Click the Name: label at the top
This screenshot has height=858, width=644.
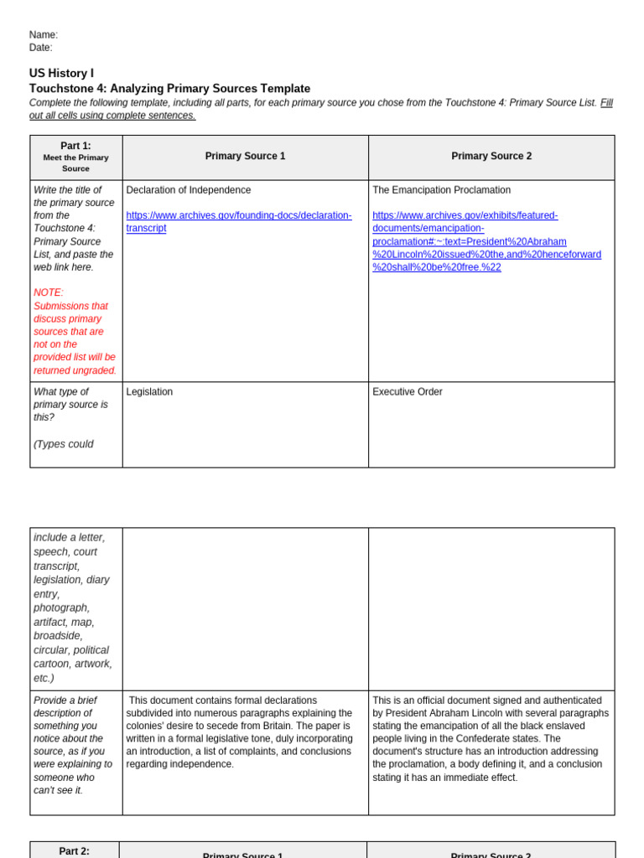pyautogui.click(x=44, y=35)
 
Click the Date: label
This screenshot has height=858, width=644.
pyautogui.click(x=41, y=48)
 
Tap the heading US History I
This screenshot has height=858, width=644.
pyautogui.click(x=61, y=74)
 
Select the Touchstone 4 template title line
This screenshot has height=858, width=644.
pyautogui.click(x=169, y=89)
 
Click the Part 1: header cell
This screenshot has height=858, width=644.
pyautogui.click(x=75, y=157)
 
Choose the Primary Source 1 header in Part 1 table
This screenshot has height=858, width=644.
pyautogui.click(x=245, y=157)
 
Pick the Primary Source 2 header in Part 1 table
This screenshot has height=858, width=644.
pyautogui.click(x=491, y=157)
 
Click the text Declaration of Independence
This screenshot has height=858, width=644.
pyautogui.click(x=188, y=190)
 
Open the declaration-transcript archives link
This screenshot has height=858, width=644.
pyautogui.click(x=238, y=222)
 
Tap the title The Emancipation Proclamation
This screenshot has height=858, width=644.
pyautogui.click(x=441, y=190)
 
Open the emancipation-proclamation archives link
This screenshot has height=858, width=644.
pyautogui.click(x=486, y=241)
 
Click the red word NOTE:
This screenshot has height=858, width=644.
pyautogui.click(x=49, y=292)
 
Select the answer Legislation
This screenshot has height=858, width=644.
pyautogui.click(x=149, y=392)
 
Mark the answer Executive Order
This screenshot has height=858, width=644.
pyautogui.click(x=407, y=392)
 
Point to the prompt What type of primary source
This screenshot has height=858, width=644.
pyautogui.click(x=70, y=404)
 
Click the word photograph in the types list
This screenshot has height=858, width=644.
pyautogui.click(x=61, y=607)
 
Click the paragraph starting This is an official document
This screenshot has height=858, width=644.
pyautogui.click(x=491, y=739)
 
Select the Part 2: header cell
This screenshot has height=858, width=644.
pyautogui.click(x=74, y=851)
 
